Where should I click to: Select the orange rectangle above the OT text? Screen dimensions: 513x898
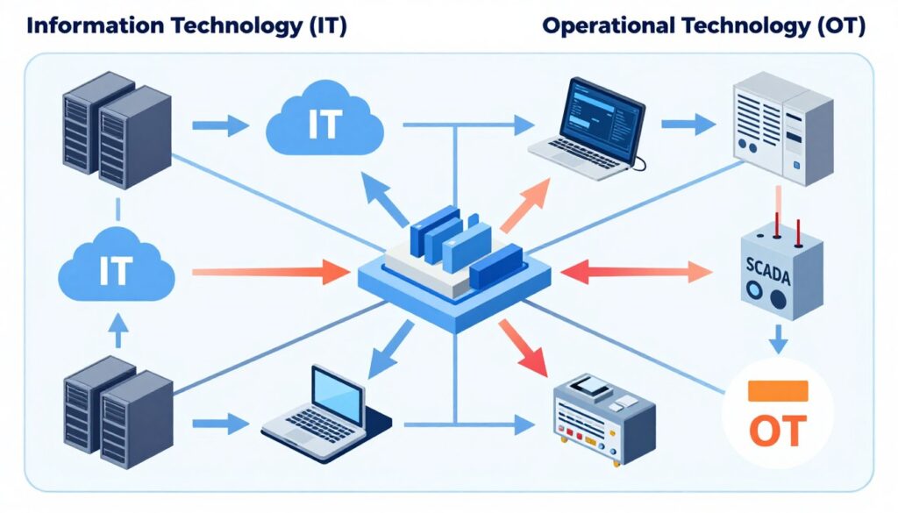[x=777, y=391]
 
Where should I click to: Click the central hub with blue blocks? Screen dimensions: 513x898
[x=454, y=263]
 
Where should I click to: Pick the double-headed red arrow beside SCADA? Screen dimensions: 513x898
[x=636, y=273]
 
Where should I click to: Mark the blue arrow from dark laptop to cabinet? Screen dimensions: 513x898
[x=688, y=125]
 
